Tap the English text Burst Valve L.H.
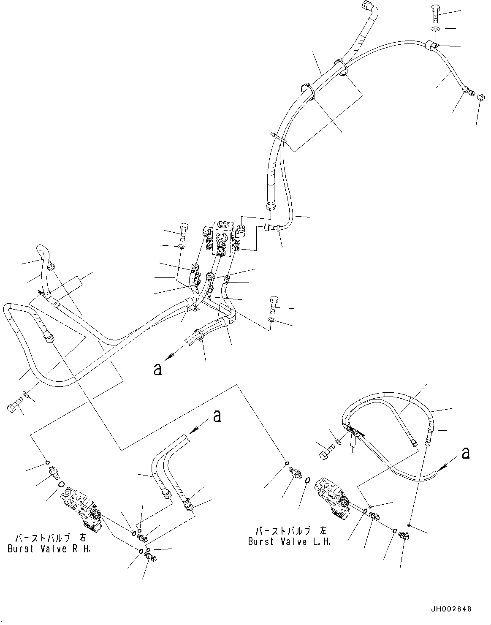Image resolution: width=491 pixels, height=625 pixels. (289, 541)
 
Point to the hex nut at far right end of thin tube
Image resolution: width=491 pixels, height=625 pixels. (480, 97)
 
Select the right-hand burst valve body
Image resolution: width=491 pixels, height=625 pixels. (81, 509)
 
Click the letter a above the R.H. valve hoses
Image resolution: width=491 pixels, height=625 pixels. (217, 416)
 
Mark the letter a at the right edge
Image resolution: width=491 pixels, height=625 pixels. (466, 453)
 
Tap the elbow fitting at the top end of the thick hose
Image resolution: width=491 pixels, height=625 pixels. (367, 8)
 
